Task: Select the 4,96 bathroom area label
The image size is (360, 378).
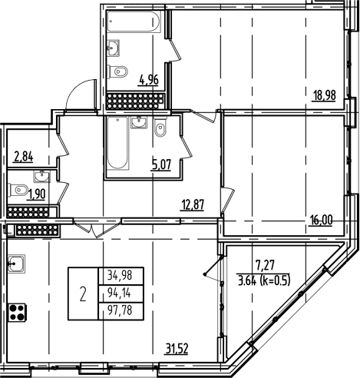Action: point(148,77)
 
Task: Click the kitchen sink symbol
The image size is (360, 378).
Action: point(17,264)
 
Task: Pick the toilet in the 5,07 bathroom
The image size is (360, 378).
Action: point(160,128)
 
